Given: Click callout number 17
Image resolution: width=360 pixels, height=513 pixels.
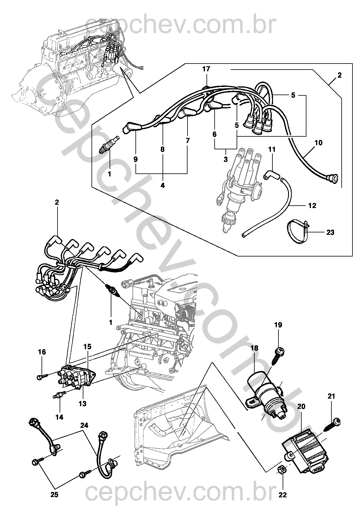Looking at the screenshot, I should tap(206, 69).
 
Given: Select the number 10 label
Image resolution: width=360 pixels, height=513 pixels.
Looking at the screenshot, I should tap(318, 142).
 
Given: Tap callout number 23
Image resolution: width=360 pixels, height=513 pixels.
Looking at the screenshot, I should tap(330, 232).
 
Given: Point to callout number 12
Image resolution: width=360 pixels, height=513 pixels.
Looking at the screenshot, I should tap(312, 206).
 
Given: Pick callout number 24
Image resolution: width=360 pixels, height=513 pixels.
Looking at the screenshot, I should tap(84, 425).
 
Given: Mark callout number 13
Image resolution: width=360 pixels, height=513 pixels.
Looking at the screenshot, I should tap(82, 404).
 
